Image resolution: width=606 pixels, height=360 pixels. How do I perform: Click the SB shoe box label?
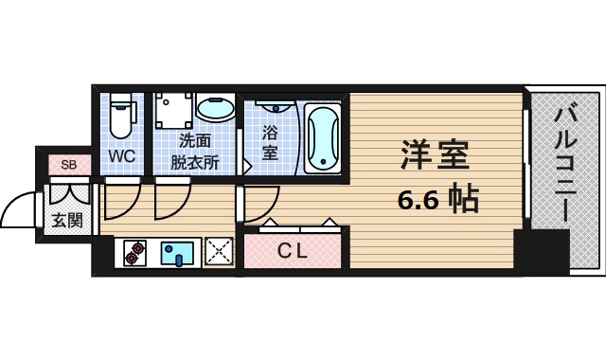tap(68, 165)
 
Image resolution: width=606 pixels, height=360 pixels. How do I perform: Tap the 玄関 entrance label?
tap(66, 222)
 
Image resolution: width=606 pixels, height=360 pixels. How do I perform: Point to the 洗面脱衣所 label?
tap(195, 152)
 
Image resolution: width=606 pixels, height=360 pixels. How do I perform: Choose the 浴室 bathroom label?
tap(270, 143)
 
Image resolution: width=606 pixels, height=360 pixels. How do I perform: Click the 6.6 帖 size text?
tap(437, 199)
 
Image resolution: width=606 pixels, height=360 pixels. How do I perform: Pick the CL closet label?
tap(293, 251)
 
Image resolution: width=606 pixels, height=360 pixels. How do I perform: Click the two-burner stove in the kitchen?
tap(137, 253)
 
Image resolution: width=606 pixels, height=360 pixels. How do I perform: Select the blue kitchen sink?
tap(177, 253)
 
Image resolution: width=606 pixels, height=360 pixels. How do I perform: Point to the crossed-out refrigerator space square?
tap(220, 252)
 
